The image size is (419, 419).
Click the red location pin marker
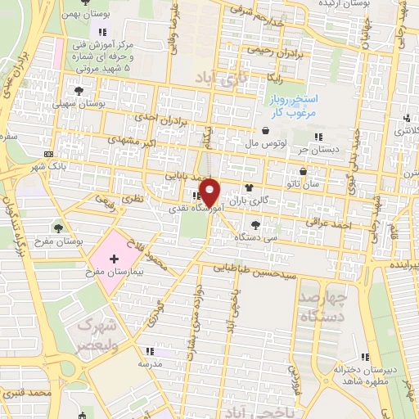[x=210, y=191]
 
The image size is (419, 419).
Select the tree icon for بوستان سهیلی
[x=79, y=91]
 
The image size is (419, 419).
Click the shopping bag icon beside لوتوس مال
[x=266, y=131]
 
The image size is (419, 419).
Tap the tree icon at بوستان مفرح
[x=58, y=227]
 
